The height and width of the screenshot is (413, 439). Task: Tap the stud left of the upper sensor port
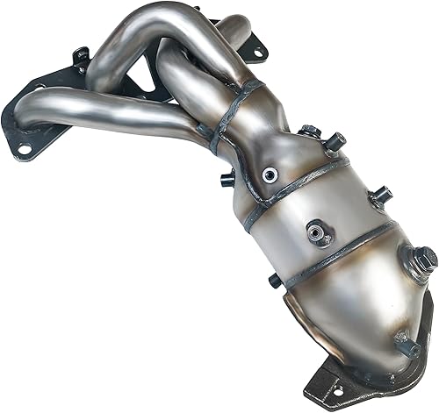[227, 180]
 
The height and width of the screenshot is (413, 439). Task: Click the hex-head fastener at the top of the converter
[307, 132]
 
